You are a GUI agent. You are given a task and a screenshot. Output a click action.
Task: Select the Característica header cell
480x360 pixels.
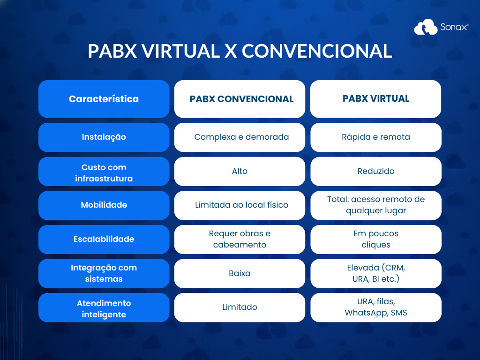coord(104,99)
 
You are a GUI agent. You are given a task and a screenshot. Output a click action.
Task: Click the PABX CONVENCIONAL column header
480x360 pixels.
coord(240,99)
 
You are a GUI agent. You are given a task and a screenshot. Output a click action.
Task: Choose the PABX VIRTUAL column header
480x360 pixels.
coord(375,99)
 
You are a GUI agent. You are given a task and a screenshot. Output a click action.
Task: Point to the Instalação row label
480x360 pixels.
coord(104,137)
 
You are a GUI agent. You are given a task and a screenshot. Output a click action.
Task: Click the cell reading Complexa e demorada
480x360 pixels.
coord(240,137)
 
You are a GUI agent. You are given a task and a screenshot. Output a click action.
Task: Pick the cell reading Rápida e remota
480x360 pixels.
coord(375,137)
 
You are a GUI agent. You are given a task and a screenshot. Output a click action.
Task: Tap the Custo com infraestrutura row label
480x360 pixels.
coord(104,172)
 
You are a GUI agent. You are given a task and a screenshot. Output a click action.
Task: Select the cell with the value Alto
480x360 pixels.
coord(240,172)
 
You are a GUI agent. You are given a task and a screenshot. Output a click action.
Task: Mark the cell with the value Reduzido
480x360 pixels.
coord(375,172)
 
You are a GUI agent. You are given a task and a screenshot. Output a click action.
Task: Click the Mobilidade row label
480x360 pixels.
coord(104,205)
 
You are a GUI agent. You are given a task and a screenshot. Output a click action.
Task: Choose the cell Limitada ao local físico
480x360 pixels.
coord(240,205)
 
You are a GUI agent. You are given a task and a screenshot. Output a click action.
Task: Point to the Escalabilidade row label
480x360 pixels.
coord(104,240)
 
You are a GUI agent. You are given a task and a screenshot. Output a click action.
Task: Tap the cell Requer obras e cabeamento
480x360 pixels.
coord(240,240)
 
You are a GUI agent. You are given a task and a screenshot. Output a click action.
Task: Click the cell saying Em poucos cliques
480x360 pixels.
coord(375,240)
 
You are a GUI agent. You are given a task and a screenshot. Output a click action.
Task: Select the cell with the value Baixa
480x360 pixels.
coord(240,273)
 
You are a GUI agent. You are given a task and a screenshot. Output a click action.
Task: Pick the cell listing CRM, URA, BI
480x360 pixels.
coord(375,273)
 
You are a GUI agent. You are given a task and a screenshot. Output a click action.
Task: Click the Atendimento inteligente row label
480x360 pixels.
coord(104,307)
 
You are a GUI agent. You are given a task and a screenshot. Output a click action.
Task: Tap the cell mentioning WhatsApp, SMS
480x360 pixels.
coord(375,307)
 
